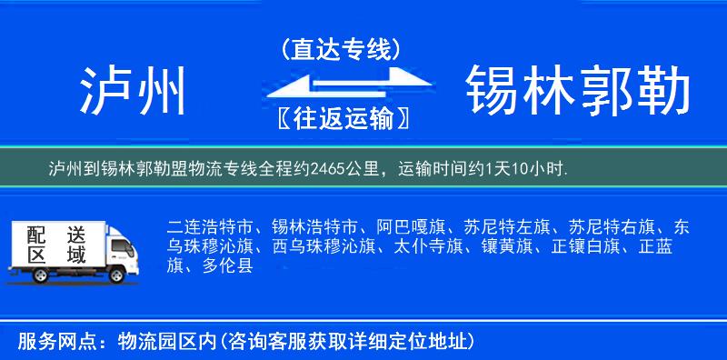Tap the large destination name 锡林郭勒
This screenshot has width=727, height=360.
pyautogui.click(x=578, y=91)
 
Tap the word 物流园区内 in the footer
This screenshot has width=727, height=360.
pyautogui.click(x=164, y=341)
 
